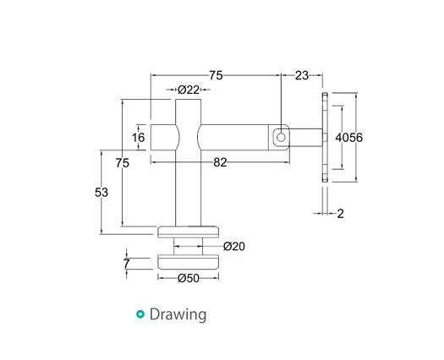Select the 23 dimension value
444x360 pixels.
pos(302,76)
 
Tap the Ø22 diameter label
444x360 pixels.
pos(188,90)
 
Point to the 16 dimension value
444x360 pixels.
pos(139,137)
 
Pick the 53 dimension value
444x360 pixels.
pos(101,193)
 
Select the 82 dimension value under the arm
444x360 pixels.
pos(220,163)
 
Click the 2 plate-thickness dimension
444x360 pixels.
pos(340,214)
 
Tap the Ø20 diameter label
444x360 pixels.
pos(234,246)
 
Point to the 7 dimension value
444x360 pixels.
pos(127,264)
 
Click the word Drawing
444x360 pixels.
pos(178,315)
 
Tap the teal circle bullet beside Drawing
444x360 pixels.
pos(140,315)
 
